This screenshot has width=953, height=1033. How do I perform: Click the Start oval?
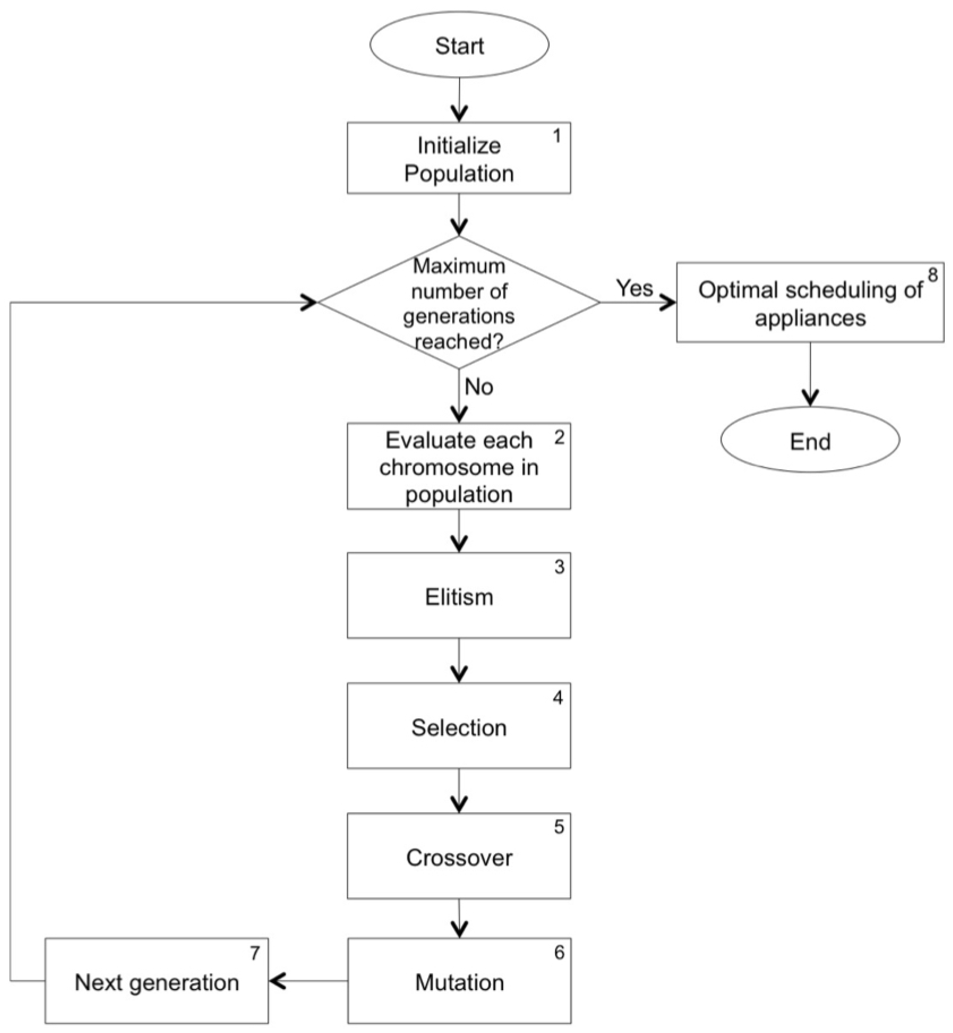tap(459, 45)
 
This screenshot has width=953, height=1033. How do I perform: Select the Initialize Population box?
tap(459, 158)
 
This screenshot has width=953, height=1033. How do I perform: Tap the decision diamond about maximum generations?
tap(459, 303)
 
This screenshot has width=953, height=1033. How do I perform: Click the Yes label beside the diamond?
tap(634, 288)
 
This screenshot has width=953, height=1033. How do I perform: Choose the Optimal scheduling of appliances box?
tap(810, 303)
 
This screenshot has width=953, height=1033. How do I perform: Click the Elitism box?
tap(459, 596)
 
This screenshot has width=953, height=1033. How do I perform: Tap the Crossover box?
tap(459, 857)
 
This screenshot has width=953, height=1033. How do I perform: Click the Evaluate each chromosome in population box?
tap(459, 467)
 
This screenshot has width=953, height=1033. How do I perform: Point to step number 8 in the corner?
tap(932, 275)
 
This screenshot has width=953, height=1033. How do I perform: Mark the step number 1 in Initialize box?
tap(557, 136)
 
